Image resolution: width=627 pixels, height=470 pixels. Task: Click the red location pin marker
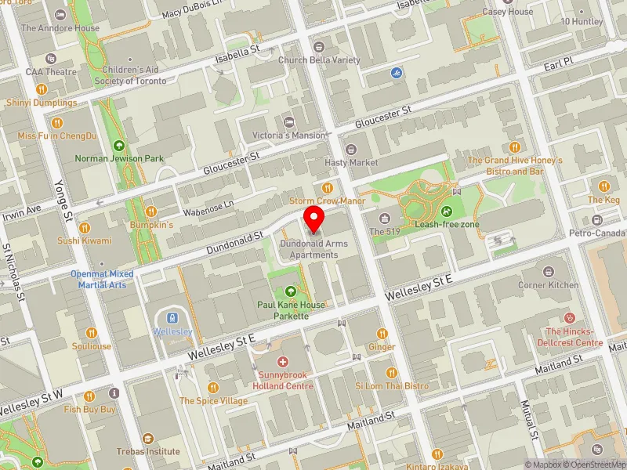[x=314, y=219]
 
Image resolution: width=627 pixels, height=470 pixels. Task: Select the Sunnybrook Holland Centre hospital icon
[x=282, y=362]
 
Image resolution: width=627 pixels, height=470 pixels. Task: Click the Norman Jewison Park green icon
[x=119, y=145]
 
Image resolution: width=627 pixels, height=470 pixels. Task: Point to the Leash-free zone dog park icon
[x=446, y=211]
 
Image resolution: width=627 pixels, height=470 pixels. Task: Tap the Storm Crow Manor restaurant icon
[x=328, y=188]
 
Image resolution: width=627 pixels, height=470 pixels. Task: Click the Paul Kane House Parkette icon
[x=291, y=291]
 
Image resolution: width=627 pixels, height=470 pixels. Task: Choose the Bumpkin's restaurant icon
[x=150, y=211]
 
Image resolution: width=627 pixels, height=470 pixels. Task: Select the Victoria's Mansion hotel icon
[x=288, y=122]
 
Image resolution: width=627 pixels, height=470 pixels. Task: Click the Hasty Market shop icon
[x=350, y=149]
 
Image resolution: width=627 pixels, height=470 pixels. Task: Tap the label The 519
[x=388, y=232]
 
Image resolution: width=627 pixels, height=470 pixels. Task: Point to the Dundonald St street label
[x=234, y=242]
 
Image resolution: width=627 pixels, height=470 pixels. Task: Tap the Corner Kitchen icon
[x=549, y=272]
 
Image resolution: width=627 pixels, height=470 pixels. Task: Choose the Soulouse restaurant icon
[x=92, y=333]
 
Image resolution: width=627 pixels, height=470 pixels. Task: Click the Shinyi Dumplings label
[x=42, y=103]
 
